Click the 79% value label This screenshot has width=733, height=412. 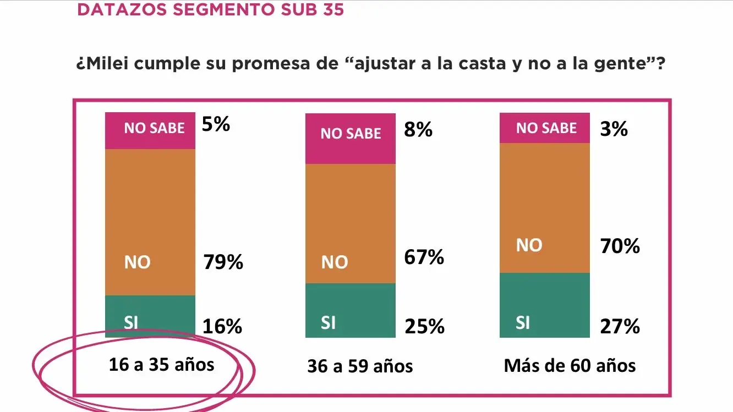[223, 262]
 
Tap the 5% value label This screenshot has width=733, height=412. [216, 124]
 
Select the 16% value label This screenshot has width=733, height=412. [222, 327]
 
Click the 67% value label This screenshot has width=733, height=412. [424, 257]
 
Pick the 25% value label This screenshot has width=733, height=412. [424, 327]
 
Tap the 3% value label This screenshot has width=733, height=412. [614, 129]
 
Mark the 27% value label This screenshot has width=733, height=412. [620, 327]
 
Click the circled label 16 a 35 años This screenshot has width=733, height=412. [161, 364]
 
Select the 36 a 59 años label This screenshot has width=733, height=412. [360, 366]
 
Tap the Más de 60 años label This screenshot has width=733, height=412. [570, 365]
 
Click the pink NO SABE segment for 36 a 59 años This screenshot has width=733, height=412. [351, 139]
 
